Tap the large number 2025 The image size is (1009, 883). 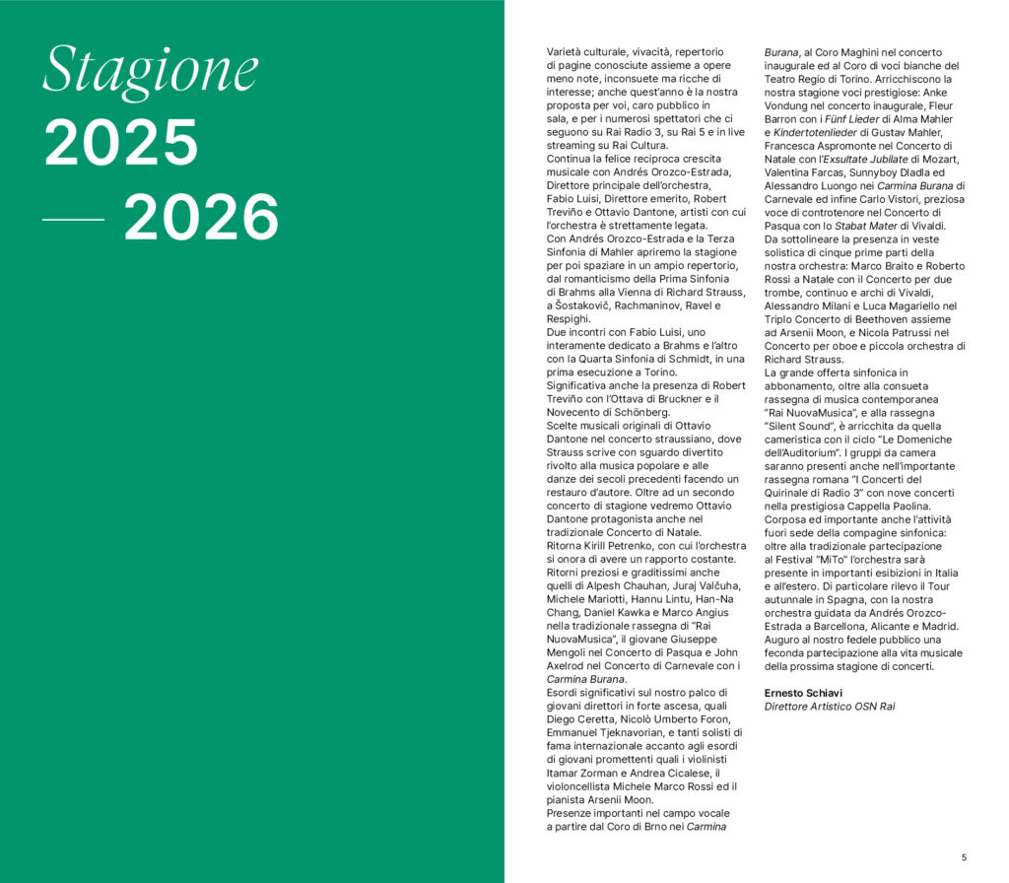coord(120,143)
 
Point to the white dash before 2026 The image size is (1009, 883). coord(74,219)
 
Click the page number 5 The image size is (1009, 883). coord(964,855)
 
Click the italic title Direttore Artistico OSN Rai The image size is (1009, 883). coord(830,707)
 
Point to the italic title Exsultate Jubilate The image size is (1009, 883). coord(863,160)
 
